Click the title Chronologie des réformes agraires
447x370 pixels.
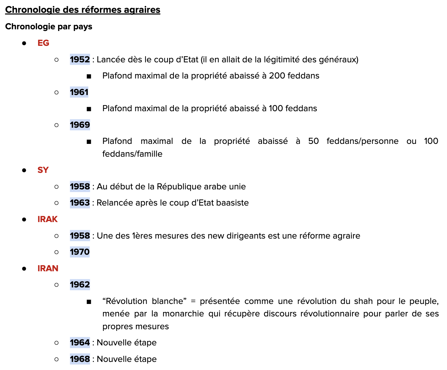[83, 10]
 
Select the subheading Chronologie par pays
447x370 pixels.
[49, 27]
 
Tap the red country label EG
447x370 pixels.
[43, 43]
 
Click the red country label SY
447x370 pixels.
[43, 170]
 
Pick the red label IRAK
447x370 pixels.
[48, 219]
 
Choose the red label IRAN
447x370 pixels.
[48, 269]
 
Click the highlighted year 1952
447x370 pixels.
[80, 60]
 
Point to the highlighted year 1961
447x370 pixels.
[79, 92]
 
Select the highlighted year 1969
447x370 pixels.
[80, 125]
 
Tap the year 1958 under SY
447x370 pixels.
[80, 187]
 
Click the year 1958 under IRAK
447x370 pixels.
[80, 236]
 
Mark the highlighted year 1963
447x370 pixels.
[80, 203]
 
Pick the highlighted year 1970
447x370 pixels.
[80, 252]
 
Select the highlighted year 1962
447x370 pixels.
[80, 285]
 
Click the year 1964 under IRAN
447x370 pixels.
[80, 343]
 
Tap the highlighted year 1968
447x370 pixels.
[80, 359]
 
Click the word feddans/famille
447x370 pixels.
[132, 154]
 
